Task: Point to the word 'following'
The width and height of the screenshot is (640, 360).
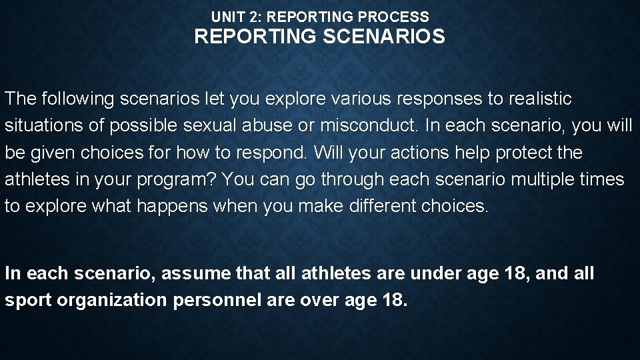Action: pyautogui.click(x=79, y=99)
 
